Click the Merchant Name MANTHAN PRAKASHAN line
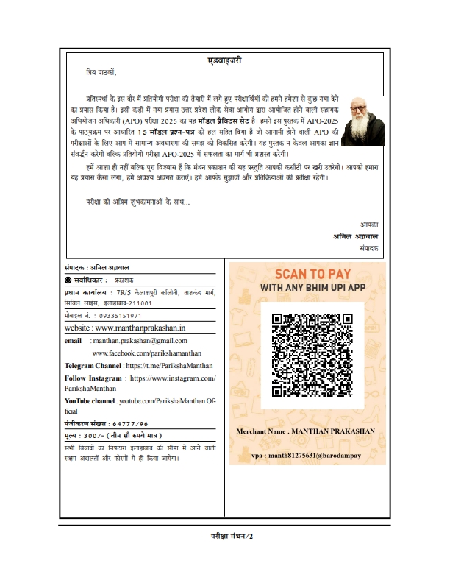click(x=306, y=430)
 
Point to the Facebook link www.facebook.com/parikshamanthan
click(x=140, y=353)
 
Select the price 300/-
click(x=94, y=436)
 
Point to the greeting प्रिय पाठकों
click(x=101, y=72)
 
